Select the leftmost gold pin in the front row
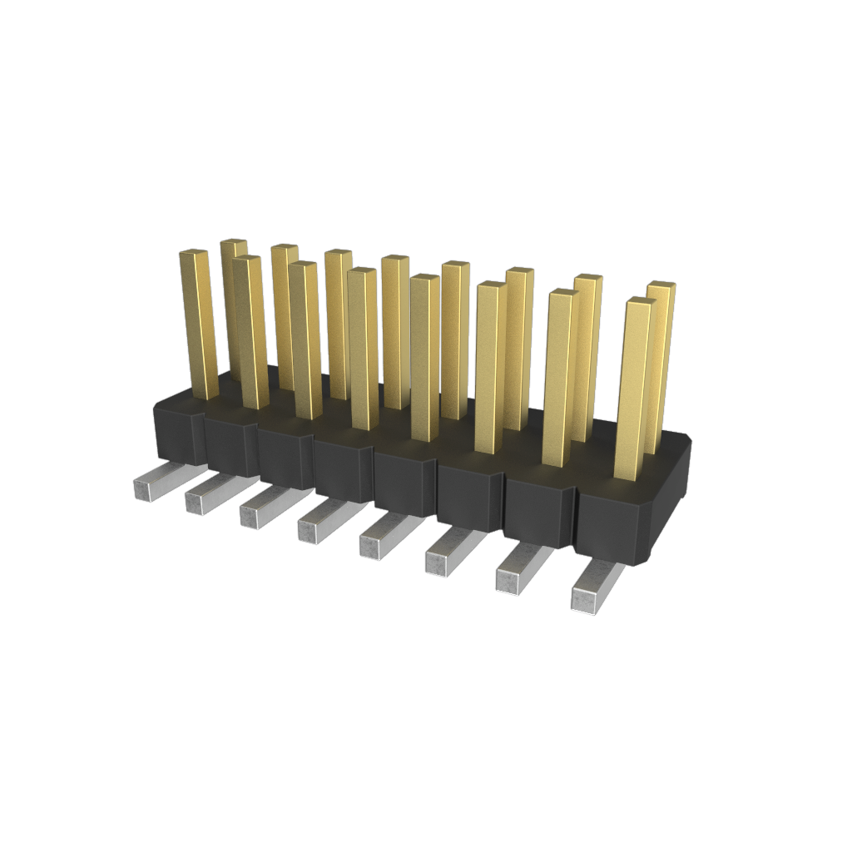pyautogui.click(x=199, y=324)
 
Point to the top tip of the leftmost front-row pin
pyautogui.click(x=194, y=253)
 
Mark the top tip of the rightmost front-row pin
pyautogui.click(x=640, y=302)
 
